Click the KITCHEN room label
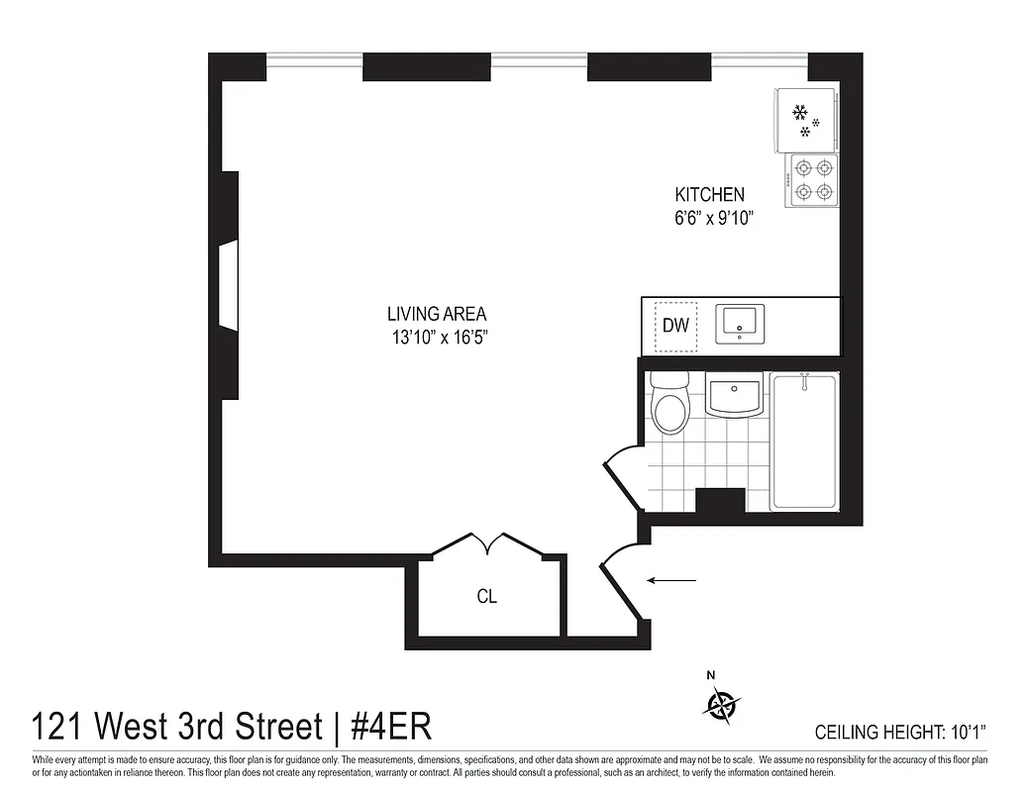(x=709, y=195)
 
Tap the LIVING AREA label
(x=437, y=314)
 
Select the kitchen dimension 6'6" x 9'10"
(x=708, y=220)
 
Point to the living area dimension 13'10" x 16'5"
(x=441, y=338)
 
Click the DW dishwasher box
(x=674, y=326)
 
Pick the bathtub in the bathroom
(x=804, y=442)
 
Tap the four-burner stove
(x=812, y=180)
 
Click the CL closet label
(x=486, y=597)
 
